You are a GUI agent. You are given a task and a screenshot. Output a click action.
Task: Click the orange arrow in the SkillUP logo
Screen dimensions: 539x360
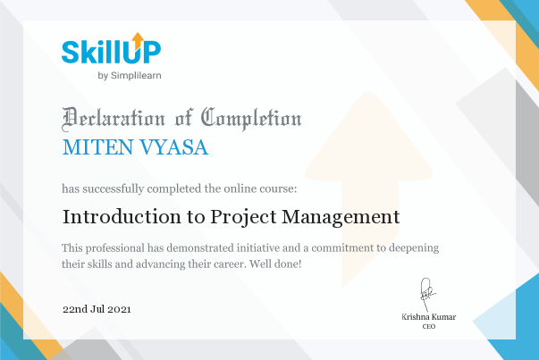pyautogui.click(x=138, y=41)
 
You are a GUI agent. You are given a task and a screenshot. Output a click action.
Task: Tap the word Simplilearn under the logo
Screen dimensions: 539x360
pyautogui.click(x=136, y=76)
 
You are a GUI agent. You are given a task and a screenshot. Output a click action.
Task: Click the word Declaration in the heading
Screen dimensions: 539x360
pyautogui.click(x=114, y=119)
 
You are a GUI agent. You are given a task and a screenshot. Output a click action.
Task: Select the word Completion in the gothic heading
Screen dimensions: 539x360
pyautogui.click(x=251, y=119)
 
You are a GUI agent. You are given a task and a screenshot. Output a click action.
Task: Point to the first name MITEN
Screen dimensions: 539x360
pyautogui.click(x=97, y=147)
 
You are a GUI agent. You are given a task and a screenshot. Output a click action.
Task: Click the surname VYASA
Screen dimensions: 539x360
pyautogui.click(x=173, y=147)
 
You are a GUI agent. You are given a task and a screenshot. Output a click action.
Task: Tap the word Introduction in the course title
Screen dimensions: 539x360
pyautogui.click(x=122, y=217)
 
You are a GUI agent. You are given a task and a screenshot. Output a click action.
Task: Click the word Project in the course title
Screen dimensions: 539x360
pyautogui.click(x=243, y=217)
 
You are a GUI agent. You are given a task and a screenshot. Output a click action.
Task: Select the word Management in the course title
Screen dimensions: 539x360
pyautogui.click(x=341, y=217)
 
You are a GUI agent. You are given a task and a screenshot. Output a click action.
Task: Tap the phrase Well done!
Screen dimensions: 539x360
pyautogui.click(x=275, y=264)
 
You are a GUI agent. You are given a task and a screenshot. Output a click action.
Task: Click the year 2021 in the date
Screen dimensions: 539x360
pyautogui.click(x=119, y=309)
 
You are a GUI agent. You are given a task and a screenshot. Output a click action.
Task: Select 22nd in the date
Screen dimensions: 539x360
pyautogui.click(x=75, y=309)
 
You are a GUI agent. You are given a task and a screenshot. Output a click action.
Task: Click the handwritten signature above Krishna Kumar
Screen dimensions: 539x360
pyautogui.click(x=427, y=295)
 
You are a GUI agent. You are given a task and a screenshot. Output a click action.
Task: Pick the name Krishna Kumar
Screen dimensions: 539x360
pyautogui.click(x=429, y=317)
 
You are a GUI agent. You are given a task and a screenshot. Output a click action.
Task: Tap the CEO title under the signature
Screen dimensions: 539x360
pyautogui.click(x=429, y=326)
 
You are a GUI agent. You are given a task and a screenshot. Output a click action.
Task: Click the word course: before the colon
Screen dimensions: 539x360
pyautogui.click(x=278, y=188)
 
